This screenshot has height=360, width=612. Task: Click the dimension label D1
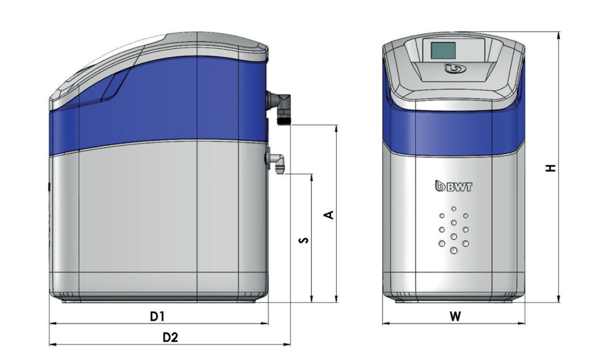click(x=157, y=316)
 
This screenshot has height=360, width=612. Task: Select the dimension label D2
click(x=170, y=337)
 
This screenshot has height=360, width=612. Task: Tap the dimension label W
click(x=454, y=317)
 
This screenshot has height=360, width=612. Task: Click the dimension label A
click(x=329, y=215)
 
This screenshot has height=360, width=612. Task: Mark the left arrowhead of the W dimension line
click(x=385, y=323)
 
